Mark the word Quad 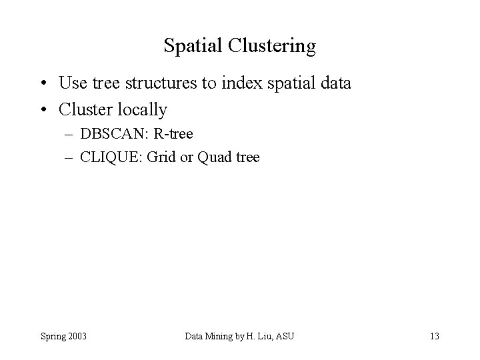click(214, 157)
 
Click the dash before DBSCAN click(71, 135)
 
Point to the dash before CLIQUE click(71, 158)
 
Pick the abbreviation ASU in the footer click(285, 335)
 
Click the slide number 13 click(434, 335)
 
